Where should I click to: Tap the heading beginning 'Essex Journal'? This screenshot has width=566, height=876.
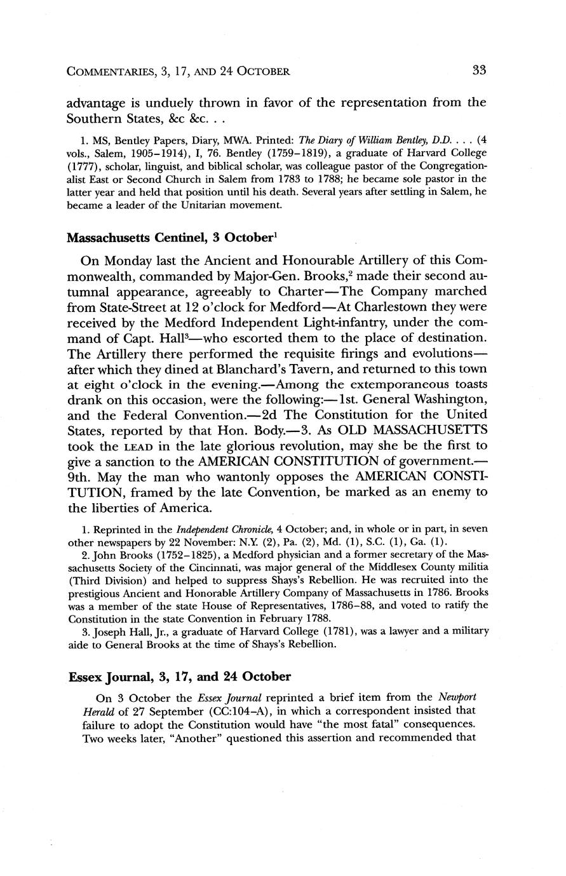[x=179, y=676]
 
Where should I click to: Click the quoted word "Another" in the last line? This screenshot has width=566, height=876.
[x=185, y=739]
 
